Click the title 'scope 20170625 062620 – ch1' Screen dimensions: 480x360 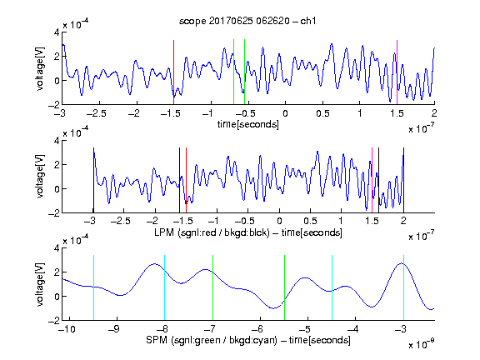tap(247, 21)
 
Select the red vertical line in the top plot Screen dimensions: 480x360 tap(173, 72)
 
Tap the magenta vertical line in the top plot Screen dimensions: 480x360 tap(397, 72)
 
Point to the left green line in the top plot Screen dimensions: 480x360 tap(233, 72)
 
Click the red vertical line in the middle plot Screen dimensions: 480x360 tap(186, 180)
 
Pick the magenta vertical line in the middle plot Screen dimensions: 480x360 tap(372, 180)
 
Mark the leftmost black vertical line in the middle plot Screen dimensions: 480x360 tap(93, 180)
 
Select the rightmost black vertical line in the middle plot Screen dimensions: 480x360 tap(403, 180)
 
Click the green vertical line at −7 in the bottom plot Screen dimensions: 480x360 tap(212, 287)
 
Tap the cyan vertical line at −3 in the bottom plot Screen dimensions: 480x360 tap(403, 287)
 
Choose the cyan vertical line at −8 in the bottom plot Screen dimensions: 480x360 tap(164, 287)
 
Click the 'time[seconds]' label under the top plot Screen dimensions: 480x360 tap(248, 124)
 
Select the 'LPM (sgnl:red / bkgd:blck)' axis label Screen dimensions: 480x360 tap(212, 232)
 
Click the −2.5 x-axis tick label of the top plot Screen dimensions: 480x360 tap(96, 113)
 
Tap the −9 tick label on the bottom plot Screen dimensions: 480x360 tap(114, 329)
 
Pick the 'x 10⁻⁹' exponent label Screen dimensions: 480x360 tap(421, 344)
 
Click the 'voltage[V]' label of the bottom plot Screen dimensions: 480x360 tap(40, 284)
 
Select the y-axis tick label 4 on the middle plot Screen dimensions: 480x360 tap(57, 141)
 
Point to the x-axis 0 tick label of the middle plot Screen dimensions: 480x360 tap(279, 222)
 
